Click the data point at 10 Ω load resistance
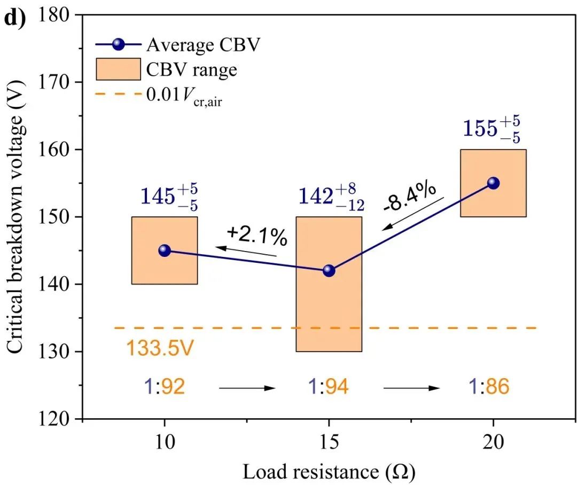[165, 251]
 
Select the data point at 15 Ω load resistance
[329, 271]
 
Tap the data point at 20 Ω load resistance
[493, 183]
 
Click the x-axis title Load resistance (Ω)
[329, 472]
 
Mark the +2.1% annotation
[256, 236]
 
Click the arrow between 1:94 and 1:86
[411, 388]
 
